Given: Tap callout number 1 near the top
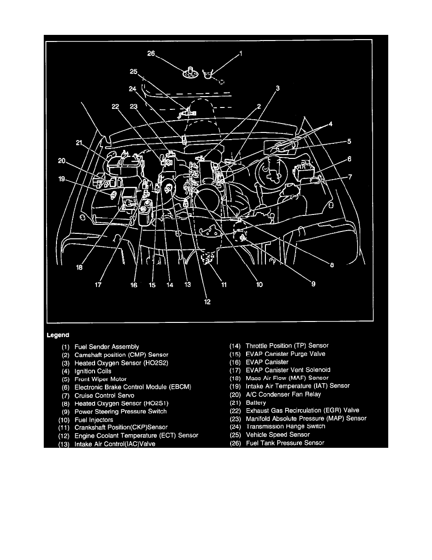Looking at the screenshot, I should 241,54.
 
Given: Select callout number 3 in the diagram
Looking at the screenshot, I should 278,88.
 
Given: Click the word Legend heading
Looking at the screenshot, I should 58,335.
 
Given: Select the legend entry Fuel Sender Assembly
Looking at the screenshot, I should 107,346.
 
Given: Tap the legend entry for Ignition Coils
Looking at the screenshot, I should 93,371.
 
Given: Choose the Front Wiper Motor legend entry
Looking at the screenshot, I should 101,379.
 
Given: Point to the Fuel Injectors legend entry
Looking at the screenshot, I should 94,419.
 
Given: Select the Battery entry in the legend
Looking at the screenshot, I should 256,403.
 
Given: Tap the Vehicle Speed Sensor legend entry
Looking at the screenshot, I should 278,435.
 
